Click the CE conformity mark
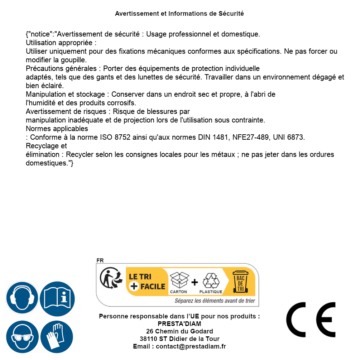pyautogui.click(x=311, y=320)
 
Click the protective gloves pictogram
pyautogui.click(x=57, y=337)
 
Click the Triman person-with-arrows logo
pyautogui.click(x=109, y=278)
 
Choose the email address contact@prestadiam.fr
pyautogui.click(x=191, y=346)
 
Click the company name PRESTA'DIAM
pyautogui.click(x=179, y=324)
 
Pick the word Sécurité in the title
pyautogui.click(x=231, y=14)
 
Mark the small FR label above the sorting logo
pyautogui.click(x=100, y=260)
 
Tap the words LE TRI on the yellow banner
pyautogui.click(x=140, y=277)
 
